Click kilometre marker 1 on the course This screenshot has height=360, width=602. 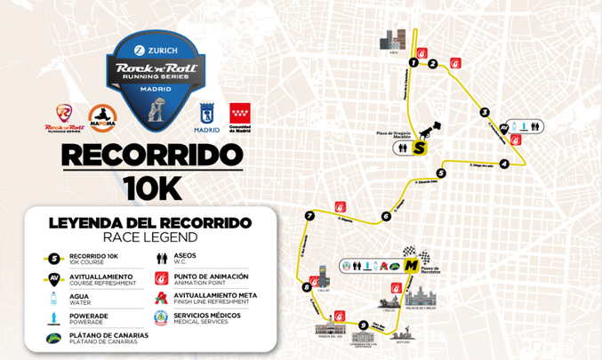(x=413, y=62)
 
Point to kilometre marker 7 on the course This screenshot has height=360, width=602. (x=309, y=216)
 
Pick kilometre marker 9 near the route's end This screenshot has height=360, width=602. (x=363, y=324)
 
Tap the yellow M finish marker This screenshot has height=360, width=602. (x=411, y=265)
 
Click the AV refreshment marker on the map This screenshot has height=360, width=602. (x=504, y=128)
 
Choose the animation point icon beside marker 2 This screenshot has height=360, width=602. (x=456, y=63)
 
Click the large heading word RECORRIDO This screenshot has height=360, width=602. (x=151, y=156)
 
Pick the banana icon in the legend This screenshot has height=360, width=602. (x=54, y=337)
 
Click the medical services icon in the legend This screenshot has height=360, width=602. (x=159, y=317)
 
